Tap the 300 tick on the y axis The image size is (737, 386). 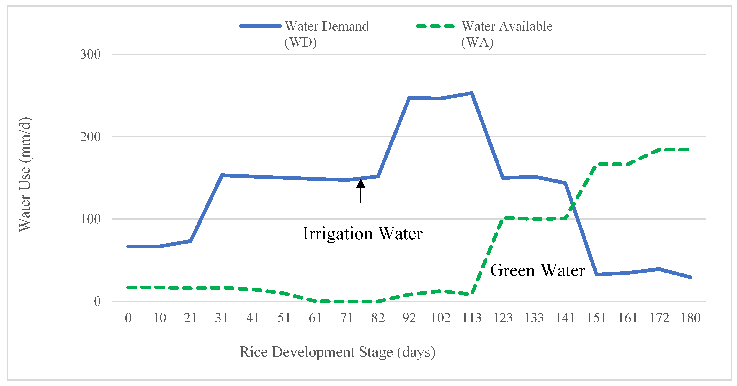(x=90, y=54)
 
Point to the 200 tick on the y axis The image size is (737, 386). (x=90, y=137)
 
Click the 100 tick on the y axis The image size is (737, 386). (x=90, y=219)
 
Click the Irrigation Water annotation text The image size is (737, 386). (x=362, y=234)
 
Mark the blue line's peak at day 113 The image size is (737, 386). (x=471, y=93)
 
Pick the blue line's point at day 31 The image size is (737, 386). (x=222, y=175)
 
